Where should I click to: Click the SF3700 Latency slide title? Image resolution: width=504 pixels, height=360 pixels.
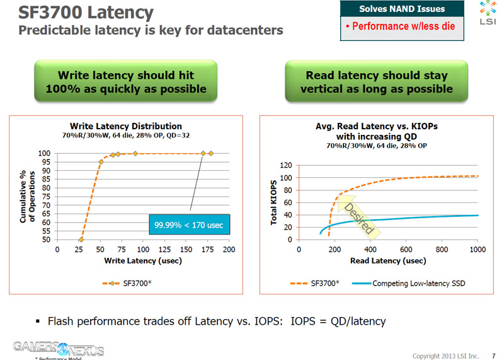click(x=85, y=12)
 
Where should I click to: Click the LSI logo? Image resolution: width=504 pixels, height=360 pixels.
click(x=488, y=16)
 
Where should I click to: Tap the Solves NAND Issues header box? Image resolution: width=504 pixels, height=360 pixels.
click(x=402, y=9)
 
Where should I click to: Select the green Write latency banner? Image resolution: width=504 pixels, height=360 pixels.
click(x=125, y=81)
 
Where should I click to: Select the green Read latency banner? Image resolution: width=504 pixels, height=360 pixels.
click(x=376, y=81)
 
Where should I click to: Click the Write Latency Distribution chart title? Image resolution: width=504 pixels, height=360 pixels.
click(x=126, y=126)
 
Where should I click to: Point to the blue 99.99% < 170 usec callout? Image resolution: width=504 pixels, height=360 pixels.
click(x=189, y=224)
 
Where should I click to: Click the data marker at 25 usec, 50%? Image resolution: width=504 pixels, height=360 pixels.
click(x=81, y=240)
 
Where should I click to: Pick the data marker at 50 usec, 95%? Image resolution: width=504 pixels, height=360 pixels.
click(x=101, y=162)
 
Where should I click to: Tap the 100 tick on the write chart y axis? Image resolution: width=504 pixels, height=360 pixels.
click(x=45, y=153)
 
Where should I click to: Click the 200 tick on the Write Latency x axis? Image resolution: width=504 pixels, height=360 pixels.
click(x=229, y=250)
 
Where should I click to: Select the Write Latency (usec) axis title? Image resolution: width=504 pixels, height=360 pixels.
click(x=143, y=260)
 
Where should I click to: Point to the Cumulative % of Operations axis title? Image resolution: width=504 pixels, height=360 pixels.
click(x=28, y=197)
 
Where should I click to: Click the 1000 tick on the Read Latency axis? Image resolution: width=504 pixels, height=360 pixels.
click(x=477, y=250)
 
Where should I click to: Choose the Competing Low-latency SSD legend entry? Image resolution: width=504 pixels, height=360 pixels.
click(x=409, y=283)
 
